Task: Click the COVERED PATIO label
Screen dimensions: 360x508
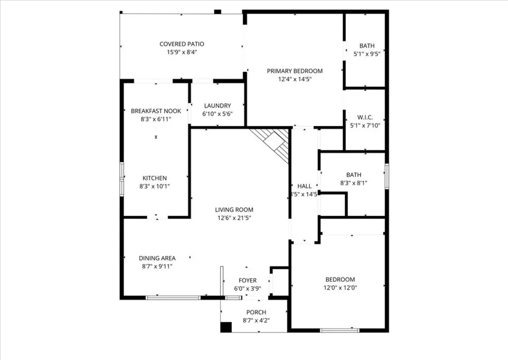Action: click(182, 44)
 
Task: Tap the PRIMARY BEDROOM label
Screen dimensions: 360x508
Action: click(295, 71)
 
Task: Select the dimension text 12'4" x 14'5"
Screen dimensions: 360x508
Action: click(295, 79)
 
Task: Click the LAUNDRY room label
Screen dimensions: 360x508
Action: click(217, 106)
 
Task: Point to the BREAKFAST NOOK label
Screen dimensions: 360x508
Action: click(156, 111)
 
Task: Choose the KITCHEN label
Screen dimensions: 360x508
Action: click(155, 178)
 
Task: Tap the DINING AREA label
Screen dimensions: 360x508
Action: click(157, 258)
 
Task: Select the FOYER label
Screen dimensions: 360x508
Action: click(248, 280)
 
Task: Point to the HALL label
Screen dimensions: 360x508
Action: click(304, 186)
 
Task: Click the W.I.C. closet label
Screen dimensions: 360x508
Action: click(365, 118)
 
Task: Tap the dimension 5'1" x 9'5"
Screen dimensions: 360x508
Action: click(367, 54)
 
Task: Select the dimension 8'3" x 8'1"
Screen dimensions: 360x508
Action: click(353, 182)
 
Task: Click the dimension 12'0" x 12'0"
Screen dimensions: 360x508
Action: click(340, 287)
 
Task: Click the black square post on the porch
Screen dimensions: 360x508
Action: click(226, 327)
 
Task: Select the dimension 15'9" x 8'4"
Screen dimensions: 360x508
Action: click(182, 52)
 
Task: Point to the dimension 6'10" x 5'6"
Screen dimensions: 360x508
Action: click(217, 114)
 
